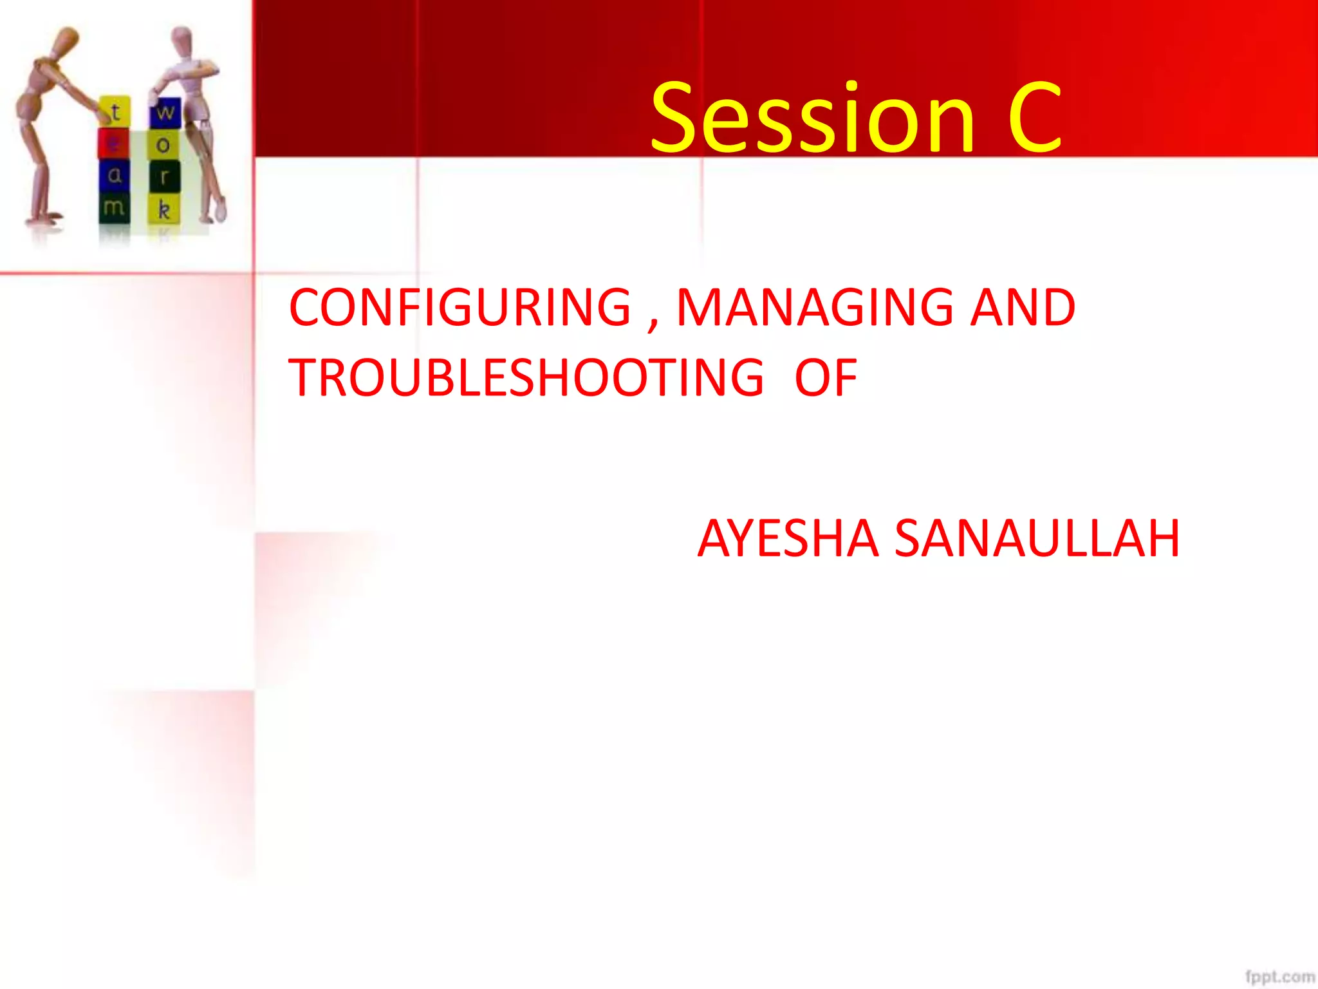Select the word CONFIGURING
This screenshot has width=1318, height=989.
point(460,308)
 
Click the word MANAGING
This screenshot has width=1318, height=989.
point(814,308)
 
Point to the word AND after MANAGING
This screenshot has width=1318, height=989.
point(1023,308)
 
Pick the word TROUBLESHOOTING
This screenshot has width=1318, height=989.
point(526,378)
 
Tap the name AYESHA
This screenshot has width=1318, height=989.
point(788,538)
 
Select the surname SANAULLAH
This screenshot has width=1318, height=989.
point(1037,538)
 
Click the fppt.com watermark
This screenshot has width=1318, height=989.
point(1279,977)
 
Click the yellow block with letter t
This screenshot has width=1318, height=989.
point(116,112)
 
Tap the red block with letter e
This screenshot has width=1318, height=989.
point(113,144)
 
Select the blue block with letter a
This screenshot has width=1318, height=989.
point(114,175)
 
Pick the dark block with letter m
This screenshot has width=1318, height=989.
point(114,207)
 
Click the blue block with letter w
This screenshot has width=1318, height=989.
point(165,113)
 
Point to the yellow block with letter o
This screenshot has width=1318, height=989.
point(163,145)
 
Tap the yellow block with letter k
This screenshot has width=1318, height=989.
point(164,209)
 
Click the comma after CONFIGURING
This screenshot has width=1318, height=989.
point(653,325)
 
